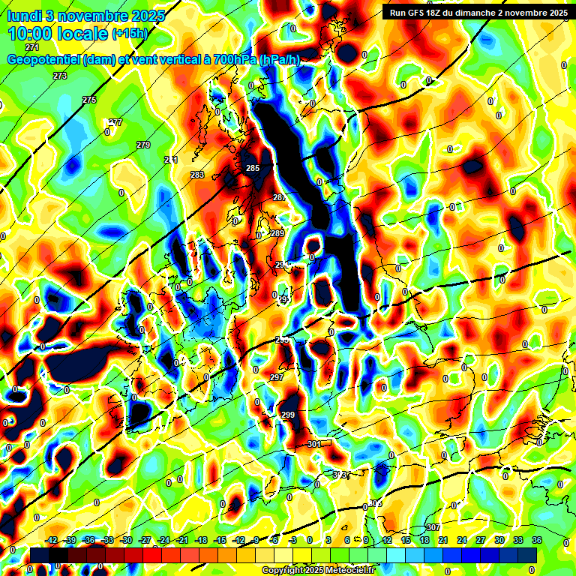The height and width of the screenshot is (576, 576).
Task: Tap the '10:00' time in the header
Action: click(x=34, y=34)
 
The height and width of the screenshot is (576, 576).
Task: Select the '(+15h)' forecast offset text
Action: click(x=130, y=34)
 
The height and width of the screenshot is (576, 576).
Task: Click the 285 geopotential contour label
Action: click(x=253, y=168)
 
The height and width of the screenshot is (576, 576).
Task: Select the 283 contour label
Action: click(x=197, y=175)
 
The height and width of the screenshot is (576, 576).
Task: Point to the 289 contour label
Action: click(x=277, y=234)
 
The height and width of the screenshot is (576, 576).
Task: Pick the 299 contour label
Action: click(x=288, y=415)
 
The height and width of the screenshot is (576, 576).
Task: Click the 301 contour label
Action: click(x=314, y=444)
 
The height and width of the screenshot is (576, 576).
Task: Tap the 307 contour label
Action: click(x=433, y=528)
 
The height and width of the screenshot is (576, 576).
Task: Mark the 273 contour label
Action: click(x=60, y=76)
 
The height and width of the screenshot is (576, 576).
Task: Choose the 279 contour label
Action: click(x=143, y=145)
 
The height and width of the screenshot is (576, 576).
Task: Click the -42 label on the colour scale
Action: click(x=52, y=540)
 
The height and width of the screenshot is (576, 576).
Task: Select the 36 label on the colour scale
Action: click(x=537, y=540)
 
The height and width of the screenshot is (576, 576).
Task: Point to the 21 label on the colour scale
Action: click(x=444, y=540)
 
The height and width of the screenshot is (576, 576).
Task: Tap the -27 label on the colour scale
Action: click(x=145, y=540)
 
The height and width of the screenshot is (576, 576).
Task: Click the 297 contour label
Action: click(x=277, y=377)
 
